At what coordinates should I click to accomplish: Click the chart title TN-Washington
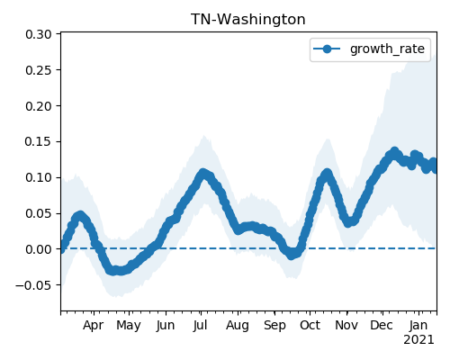(248, 20)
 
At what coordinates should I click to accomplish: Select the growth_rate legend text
(387, 49)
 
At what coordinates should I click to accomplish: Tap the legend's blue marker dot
(327, 49)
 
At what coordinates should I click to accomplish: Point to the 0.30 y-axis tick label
(39, 34)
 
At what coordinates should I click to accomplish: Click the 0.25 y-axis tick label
(39, 70)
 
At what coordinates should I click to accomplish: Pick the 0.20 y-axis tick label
(39, 106)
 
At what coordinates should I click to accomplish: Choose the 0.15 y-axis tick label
(39, 141)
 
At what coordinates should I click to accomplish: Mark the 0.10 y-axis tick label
(39, 177)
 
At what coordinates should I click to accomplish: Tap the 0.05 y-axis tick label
(39, 213)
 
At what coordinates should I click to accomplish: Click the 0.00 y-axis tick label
(39, 249)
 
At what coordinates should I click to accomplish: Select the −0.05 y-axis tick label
(33, 284)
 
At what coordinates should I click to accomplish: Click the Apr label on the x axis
(94, 326)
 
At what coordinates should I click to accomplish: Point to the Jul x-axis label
(201, 325)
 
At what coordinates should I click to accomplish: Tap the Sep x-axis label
(274, 326)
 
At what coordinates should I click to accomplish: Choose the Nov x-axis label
(346, 325)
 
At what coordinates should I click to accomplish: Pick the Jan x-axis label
(418, 325)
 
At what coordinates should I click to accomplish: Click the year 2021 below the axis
(418, 340)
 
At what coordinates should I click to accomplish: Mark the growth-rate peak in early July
(203, 173)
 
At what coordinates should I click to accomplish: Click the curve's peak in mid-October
(327, 173)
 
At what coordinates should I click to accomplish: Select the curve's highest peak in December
(394, 151)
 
